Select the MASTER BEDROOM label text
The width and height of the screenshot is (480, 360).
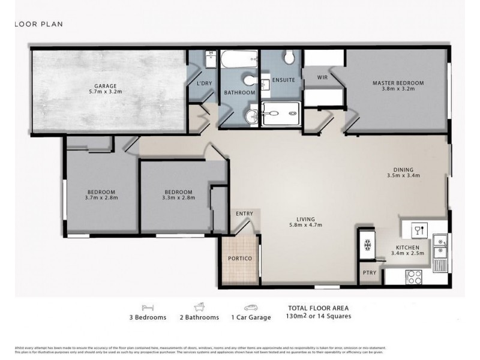pos(398,83)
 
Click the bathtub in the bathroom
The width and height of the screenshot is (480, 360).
pos(239,61)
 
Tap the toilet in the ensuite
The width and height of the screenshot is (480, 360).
pos(289,58)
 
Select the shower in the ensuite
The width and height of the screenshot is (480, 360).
pos(281,113)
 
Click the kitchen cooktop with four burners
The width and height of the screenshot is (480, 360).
pos(413,276)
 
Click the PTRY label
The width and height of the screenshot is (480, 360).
pos(369,273)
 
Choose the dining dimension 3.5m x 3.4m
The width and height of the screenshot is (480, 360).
pos(403,176)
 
